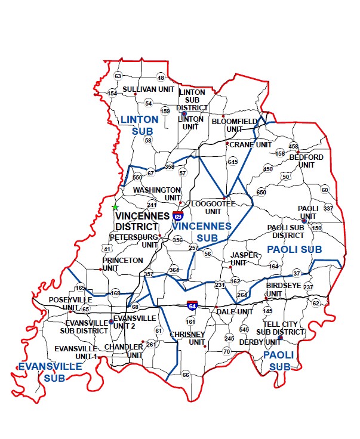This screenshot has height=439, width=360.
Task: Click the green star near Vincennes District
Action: pos(115,207)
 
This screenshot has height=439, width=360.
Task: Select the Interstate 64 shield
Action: pos(192,305)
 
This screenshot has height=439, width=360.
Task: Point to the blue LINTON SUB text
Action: pos(140,124)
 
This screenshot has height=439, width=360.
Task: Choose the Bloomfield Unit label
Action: pos(234,125)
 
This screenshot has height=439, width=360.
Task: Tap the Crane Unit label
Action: pos(250,144)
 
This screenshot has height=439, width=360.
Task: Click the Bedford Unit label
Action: pos(306,161)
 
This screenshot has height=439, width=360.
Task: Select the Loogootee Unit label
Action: pos(213,208)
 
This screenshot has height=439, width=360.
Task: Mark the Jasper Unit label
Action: pos(244,259)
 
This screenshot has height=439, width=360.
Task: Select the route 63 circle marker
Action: pos(118,76)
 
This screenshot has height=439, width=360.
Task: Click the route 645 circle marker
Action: pos(232,162)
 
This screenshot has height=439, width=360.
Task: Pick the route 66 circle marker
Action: pos(186,375)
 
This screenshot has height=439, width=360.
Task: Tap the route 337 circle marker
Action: pos(328,208)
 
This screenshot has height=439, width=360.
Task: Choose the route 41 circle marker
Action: pos(107,248)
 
